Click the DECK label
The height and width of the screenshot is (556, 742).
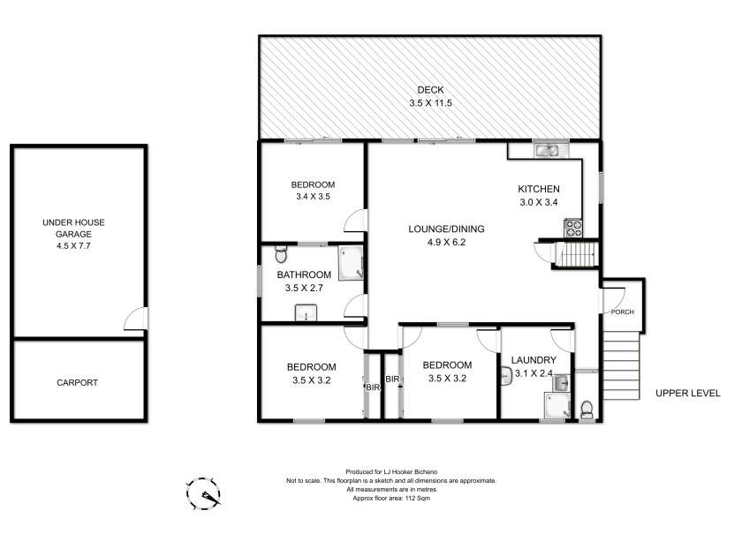pos(430,90)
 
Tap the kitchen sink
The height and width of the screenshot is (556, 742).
pos(547,151)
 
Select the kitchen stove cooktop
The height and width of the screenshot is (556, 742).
pos(573,228)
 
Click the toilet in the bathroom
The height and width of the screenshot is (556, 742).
pos(281,254)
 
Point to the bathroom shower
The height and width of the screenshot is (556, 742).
pos(350,262)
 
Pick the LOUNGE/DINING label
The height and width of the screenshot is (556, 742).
pos(446,229)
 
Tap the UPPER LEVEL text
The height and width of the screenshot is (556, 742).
pos(687,394)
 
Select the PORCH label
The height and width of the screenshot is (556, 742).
pos(622,312)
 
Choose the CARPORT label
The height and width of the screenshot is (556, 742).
pos(77,383)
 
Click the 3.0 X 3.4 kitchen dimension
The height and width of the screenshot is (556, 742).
pos(539,202)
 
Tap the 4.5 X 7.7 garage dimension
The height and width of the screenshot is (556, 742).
pos(73,246)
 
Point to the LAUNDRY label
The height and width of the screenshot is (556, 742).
pos(534,360)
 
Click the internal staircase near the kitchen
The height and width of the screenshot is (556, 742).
pos(577,255)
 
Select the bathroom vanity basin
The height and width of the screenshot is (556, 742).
pos(307,313)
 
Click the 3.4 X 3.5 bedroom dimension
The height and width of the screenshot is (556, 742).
pos(313,197)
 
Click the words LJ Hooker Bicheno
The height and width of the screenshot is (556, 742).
pos(410,472)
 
